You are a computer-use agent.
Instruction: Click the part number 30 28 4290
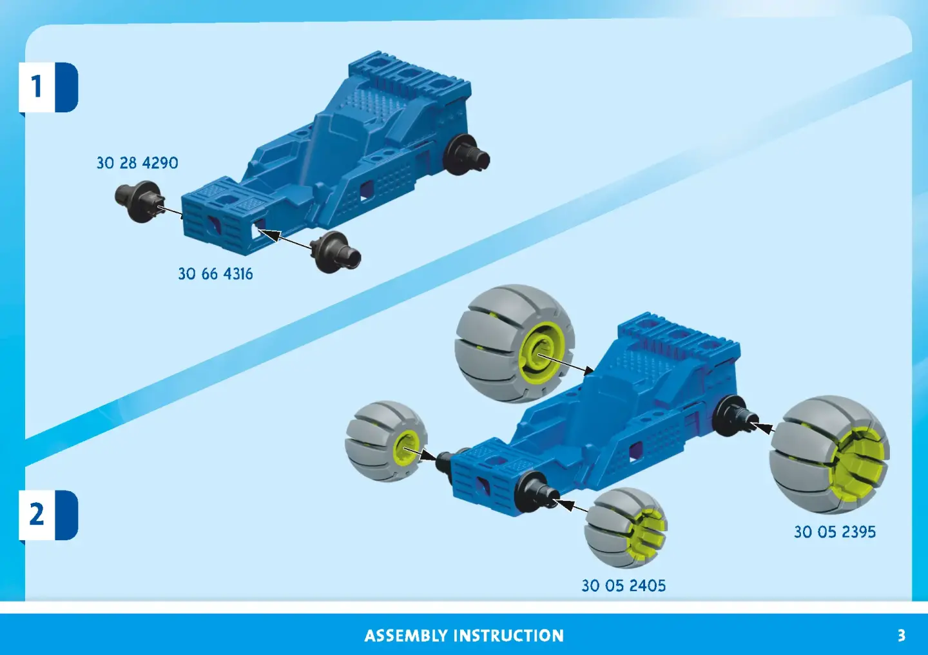pyautogui.click(x=137, y=163)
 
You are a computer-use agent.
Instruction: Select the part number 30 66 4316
pyautogui.click(x=215, y=274)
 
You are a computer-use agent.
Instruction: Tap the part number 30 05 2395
pyautogui.click(x=835, y=533)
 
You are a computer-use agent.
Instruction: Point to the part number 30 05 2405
pyautogui.click(x=624, y=586)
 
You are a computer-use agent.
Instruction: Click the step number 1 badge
pyautogui.click(x=48, y=87)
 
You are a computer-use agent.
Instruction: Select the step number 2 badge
pyautogui.click(x=48, y=515)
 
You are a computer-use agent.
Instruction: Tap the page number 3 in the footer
pyautogui.click(x=902, y=636)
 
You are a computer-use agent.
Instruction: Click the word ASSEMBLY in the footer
pyautogui.click(x=406, y=636)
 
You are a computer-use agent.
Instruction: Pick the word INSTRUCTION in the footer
pyautogui.click(x=508, y=636)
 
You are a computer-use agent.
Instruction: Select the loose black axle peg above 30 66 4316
pyautogui.click(x=335, y=252)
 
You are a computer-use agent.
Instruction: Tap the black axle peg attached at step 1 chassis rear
pyautogui.click(x=466, y=155)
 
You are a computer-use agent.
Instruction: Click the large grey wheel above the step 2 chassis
pyautogui.click(x=514, y=344)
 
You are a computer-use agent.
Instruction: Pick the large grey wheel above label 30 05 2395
pyautogui.click(x=829, y=455)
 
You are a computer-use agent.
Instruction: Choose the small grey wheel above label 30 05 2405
pyautogui.click(x=626, y=528)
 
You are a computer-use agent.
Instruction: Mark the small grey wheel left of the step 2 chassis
pyautogui.click(x=386, y=441)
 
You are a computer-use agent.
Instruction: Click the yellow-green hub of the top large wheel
pyautogui.click(x=541, y=353)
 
